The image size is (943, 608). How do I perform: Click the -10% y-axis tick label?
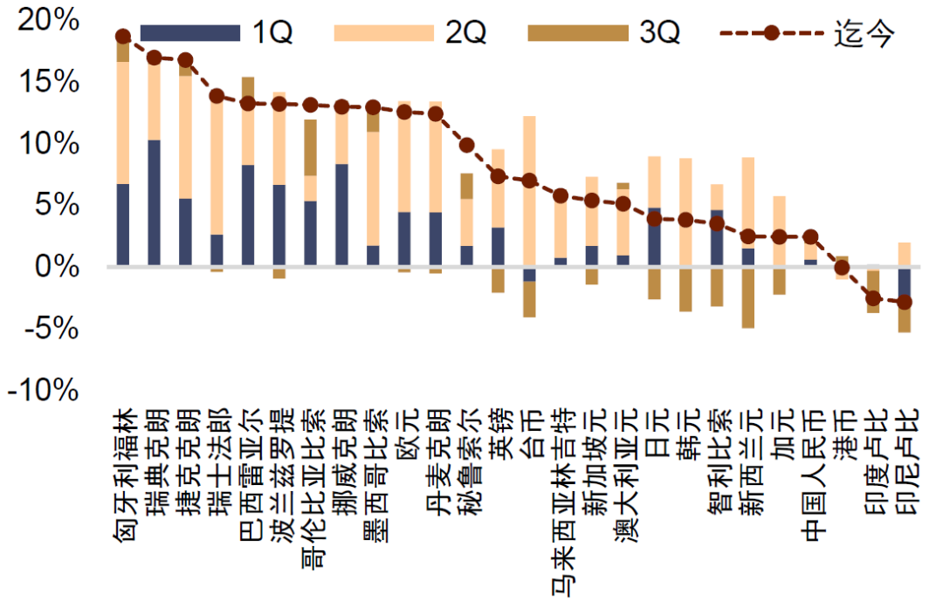[44, 391]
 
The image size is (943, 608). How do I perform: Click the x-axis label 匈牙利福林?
[124, 475]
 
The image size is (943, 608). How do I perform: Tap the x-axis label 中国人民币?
[811, 475]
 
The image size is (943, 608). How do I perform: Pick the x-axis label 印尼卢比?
[905, 461]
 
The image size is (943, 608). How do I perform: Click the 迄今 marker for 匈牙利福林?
[123, 37]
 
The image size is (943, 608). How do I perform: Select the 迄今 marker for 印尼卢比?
[905, 302]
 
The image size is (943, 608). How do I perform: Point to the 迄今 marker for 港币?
[842, 268]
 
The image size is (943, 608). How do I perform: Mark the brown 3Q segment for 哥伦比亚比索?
[311, 148]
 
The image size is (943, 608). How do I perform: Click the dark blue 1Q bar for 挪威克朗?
[342, 215]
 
